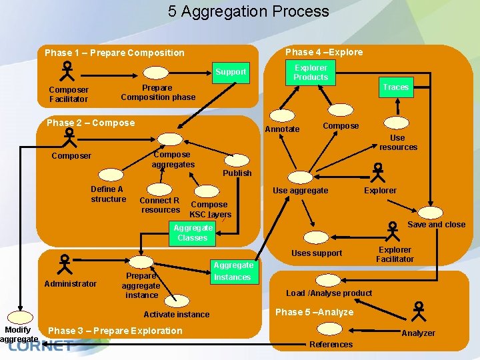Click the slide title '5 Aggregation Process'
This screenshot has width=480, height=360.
(x=248, y=11)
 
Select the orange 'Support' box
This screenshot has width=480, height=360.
(x=230, y=71)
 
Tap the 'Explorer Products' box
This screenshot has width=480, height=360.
(x=311, y=72)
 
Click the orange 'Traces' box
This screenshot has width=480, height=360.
(x=395, y=87)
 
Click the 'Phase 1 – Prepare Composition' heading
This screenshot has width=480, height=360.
(x=114, y=53)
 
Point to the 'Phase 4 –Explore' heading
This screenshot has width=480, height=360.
(x=324, y=52)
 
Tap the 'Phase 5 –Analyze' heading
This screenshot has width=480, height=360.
(x=314, y=312)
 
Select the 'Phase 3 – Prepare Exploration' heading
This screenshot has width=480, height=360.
(x=115, y=331)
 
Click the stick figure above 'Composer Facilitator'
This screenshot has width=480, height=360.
(x=68, y=71)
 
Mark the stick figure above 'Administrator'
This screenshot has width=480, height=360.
(x=65, y=265)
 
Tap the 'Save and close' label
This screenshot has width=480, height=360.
(x=436, y=225)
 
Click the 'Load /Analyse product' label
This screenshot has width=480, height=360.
(x=329, y=293)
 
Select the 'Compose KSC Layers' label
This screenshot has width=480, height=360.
(x=209, y=209)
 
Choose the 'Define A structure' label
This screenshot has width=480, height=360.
(x=108, y=194)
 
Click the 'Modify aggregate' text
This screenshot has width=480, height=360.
(x=18, y=335)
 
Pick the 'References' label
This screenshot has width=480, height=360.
(x=331, y=345)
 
